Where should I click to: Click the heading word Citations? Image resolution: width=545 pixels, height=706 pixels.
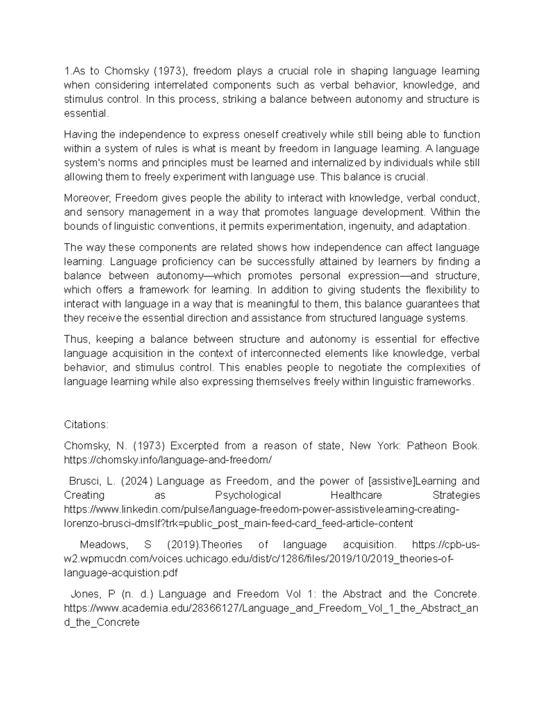point(86,425)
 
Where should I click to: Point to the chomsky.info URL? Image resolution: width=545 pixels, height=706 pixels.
point(168,460)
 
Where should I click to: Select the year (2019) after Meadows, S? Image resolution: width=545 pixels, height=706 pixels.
point(183,545)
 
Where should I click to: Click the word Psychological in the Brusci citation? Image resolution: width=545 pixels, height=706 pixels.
point(248,495)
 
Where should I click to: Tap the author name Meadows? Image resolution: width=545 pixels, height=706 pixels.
point(104,545)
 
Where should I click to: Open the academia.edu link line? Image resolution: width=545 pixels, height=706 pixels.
point(271,608)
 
